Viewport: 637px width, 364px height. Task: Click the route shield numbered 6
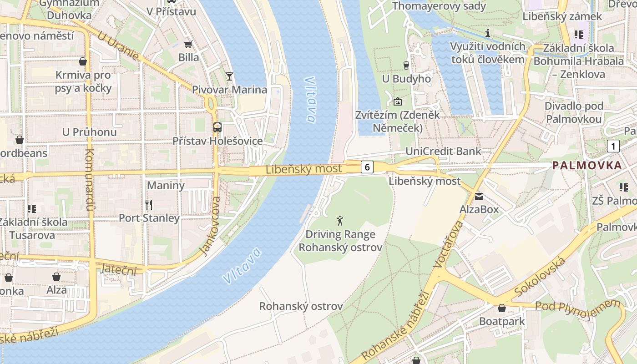367,167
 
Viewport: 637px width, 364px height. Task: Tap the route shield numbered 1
613,146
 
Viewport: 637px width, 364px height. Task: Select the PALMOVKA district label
587,166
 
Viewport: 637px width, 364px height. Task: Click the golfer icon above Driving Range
340,222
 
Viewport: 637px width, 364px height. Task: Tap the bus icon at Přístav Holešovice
217,127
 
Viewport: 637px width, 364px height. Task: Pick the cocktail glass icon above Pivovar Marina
229,76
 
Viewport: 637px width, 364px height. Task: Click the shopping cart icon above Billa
188,44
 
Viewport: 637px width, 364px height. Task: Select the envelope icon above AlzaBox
479,197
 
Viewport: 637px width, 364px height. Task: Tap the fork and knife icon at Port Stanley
149,204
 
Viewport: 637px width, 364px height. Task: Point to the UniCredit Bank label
443,152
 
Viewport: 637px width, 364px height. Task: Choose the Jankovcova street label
210,226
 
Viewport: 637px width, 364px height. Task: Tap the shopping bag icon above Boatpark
501,308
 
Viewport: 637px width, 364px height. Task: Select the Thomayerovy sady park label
439,6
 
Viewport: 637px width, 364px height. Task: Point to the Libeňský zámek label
562,16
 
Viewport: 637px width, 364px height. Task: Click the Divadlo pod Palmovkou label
574,113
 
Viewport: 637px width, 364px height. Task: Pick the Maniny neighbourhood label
166,186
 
